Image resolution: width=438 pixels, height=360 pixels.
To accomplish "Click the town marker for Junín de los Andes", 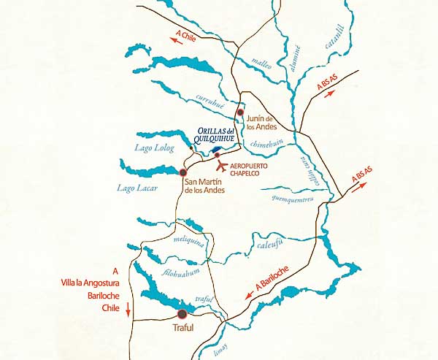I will point(239,112).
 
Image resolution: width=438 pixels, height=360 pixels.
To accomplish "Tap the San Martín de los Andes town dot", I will point(182,172).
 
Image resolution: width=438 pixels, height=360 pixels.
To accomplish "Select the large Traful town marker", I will point(181,314).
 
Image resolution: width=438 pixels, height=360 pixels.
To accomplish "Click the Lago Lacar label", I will point(134,188).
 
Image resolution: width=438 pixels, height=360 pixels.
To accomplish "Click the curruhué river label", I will point(212,99).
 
